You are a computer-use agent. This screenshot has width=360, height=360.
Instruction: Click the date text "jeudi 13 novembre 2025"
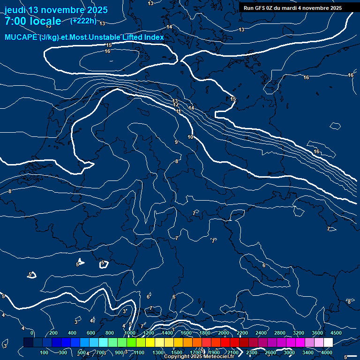(x=56, y=10)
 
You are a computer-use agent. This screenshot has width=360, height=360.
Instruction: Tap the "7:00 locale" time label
(x=33, y=21)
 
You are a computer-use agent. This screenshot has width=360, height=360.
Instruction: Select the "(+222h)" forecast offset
(x=83, y=21)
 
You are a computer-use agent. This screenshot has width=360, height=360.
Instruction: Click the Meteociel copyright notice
(x=198, y=357)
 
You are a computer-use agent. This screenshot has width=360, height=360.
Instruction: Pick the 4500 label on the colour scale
(x=336, y=333)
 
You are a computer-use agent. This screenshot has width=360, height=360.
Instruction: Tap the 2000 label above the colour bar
(x=223, y=333)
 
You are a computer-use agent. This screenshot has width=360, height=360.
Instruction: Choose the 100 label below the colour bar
(x=44, y=352)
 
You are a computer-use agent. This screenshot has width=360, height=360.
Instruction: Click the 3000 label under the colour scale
(x=289, y=352)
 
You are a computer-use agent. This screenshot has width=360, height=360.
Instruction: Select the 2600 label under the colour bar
(x=270, y=352)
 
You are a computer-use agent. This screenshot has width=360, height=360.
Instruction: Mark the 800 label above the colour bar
(x=110, y=333)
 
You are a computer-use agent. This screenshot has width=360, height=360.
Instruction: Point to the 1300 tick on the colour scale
(x=158, y=352)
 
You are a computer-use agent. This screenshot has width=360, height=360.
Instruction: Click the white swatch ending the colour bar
(x=328, y=343)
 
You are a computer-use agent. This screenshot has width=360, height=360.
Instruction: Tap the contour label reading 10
(x=190, y=137)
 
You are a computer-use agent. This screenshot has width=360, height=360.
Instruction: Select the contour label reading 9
(x=176, y=142)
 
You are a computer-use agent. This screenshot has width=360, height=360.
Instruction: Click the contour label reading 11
(x=178, y=111)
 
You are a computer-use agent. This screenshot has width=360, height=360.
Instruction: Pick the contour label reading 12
(x=175, y=105)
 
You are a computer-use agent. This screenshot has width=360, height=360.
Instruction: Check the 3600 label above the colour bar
(x=317, y=333)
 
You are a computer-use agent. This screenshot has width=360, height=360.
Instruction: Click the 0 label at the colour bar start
(x=32, y=333)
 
